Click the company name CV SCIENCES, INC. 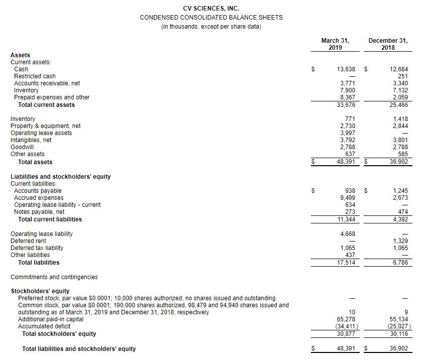pos(211,8)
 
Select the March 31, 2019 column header pos(335,44)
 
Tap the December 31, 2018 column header pos(388,44)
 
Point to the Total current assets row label pos(46,105)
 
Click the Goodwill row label pos(21,147)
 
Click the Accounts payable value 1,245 pos(401,191)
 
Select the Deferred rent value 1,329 pos(401,241)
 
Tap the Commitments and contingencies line pos(54,277)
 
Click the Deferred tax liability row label pos(37,248)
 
